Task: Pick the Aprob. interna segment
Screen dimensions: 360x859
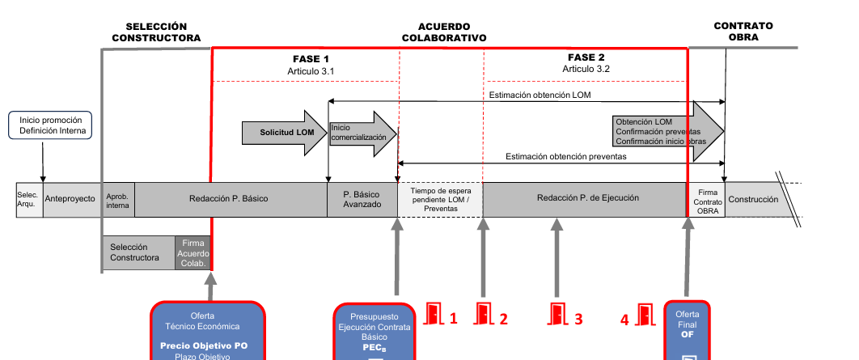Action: (118, 199)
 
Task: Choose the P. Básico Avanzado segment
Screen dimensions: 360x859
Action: (362, 199)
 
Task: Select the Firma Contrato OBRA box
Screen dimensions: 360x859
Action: (705, 200)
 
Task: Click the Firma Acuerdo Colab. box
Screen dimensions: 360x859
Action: (193, 252)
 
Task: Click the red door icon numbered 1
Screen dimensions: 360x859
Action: (434, 314)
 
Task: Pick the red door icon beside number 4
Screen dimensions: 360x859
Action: (645, 314)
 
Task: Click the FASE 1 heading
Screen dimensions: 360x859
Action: (311, 59)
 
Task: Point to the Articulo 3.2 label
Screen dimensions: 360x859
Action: (586, 70)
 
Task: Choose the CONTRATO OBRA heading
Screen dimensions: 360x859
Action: (743, 32)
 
